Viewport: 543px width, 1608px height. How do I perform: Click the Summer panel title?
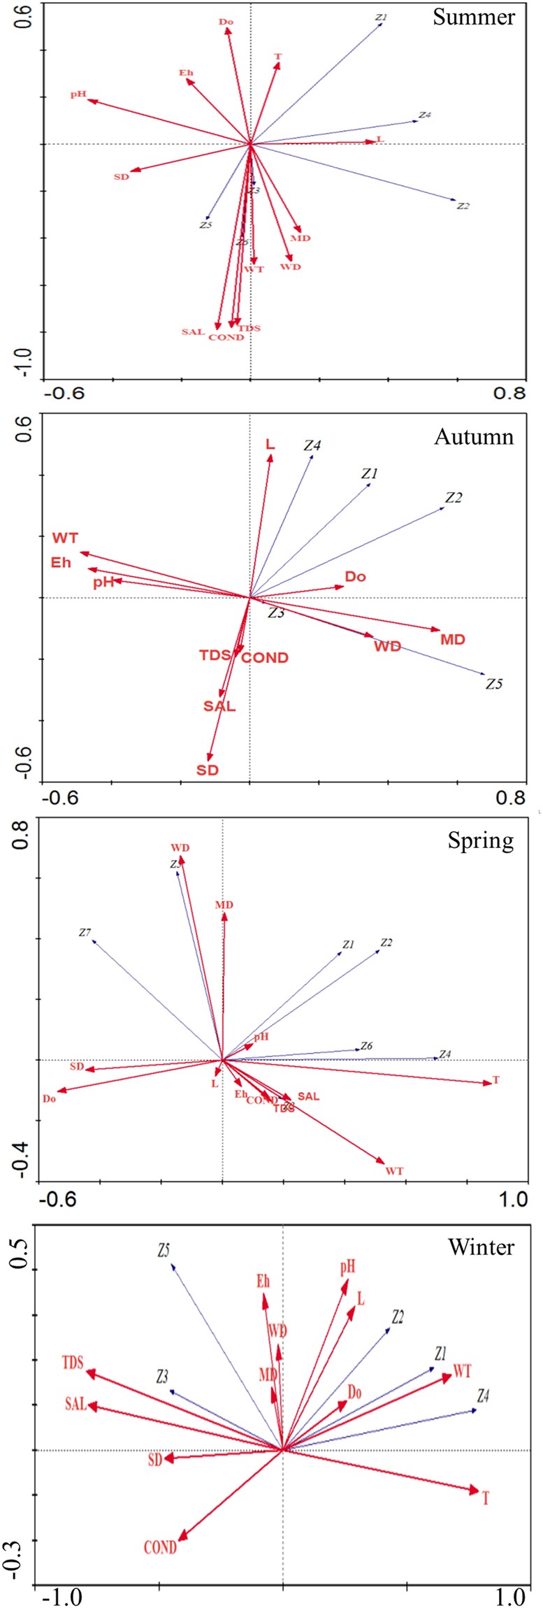coord(473,17)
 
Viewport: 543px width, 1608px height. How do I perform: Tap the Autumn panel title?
coord(474,437)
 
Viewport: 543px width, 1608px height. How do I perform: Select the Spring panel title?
coord(480,840)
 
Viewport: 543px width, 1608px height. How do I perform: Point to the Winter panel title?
coord(481,1247)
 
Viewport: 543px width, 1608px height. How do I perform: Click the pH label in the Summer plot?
coord(78,94)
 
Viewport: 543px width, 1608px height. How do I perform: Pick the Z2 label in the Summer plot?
coord(463,206)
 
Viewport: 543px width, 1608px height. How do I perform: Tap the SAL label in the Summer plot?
coord(193,331)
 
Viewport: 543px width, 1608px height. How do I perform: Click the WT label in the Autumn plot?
coord(65,538)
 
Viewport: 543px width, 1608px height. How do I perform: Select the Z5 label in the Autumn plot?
coord(494,684)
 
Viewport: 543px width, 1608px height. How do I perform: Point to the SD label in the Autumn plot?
coord(208,770)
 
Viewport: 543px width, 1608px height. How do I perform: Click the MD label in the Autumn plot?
coord(453,639)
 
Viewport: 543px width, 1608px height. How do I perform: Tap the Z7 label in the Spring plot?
coord(85,933)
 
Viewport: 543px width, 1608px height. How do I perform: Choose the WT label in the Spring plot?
coord(394,1171)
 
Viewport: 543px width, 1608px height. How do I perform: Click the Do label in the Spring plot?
coord(49,1099)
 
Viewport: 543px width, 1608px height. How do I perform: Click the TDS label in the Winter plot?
coord(73,1363)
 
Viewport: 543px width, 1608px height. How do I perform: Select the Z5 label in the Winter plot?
coord(164,1251)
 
